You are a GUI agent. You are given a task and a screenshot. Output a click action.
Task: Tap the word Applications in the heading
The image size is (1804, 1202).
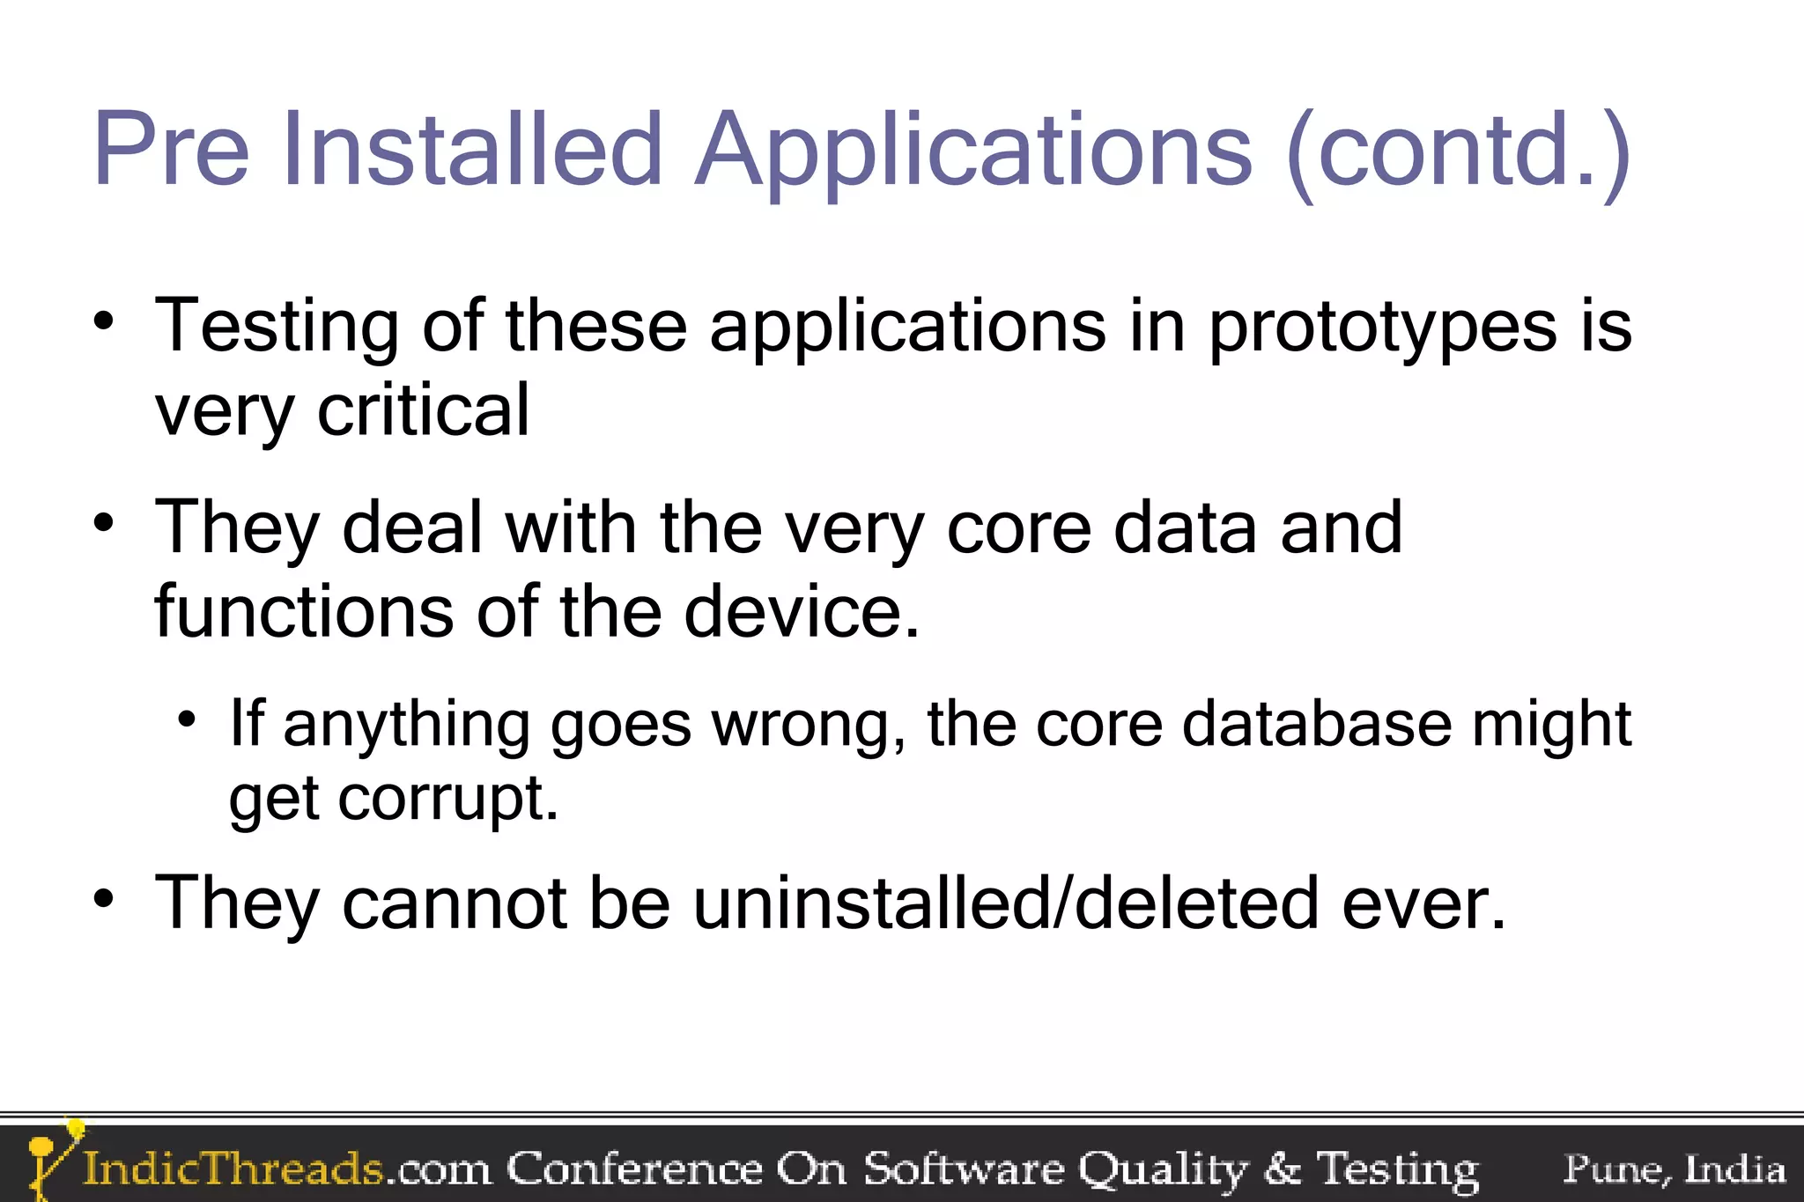tap(972, 150)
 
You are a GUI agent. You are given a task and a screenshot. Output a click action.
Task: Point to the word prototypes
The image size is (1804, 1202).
tap(1382, 328)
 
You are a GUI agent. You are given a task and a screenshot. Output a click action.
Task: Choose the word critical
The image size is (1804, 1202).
tap(423, 410)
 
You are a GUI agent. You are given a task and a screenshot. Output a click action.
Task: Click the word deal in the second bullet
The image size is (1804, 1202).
tap(411, 528)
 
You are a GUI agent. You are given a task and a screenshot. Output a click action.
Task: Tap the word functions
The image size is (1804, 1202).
tap(304, 611)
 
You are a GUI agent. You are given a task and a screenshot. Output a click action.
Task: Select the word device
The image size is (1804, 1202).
tap(801, 611)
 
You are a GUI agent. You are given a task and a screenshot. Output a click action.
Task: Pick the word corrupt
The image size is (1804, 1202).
tap(447, 798)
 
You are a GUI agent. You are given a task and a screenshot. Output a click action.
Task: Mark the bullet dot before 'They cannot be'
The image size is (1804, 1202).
tap(104, 899)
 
